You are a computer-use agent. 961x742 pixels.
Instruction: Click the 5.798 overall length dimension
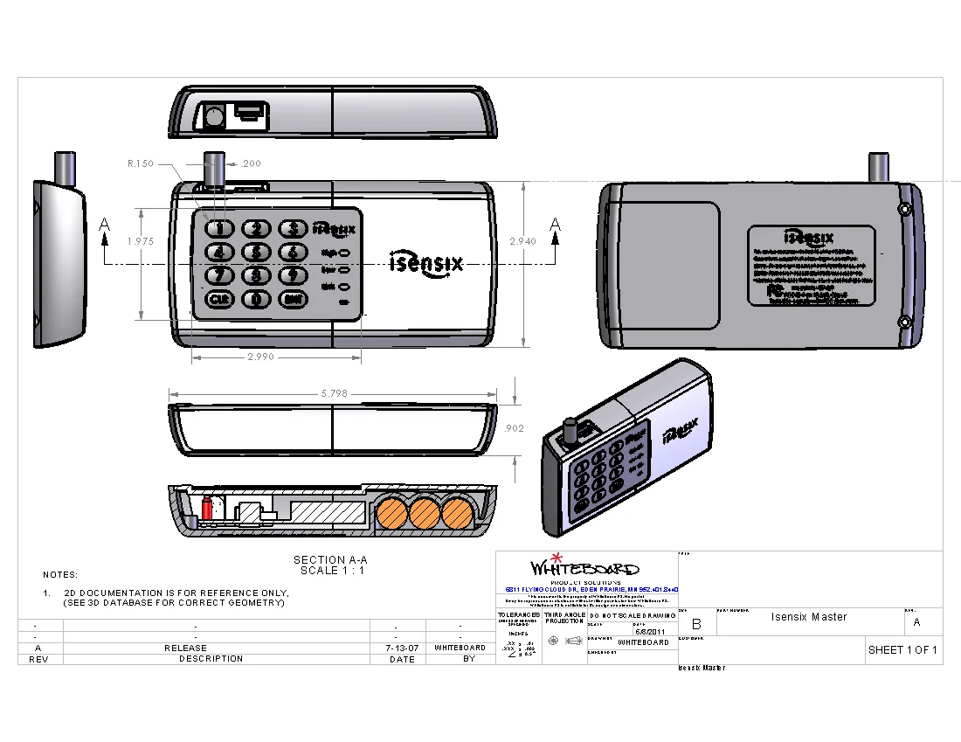point(334,394)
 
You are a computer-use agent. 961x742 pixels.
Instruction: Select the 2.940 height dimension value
point(522,241)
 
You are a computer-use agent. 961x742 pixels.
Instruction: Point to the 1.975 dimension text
point(140,241)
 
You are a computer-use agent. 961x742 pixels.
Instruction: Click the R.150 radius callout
point(140,163)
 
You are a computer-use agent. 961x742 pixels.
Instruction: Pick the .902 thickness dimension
point(515,428)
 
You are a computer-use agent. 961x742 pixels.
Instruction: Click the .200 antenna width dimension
point(252,163)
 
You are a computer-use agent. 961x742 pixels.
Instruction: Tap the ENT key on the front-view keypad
point(293,299)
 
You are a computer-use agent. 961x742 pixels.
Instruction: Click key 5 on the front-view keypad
point(256,253)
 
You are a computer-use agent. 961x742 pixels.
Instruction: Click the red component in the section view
point(207,509)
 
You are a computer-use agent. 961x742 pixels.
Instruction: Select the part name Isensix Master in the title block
point(809,617)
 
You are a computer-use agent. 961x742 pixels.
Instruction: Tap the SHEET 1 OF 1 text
point(902,650)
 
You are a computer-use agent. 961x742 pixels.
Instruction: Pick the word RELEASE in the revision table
point(186,648)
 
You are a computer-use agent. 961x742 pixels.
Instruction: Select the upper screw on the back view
point(906,210)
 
